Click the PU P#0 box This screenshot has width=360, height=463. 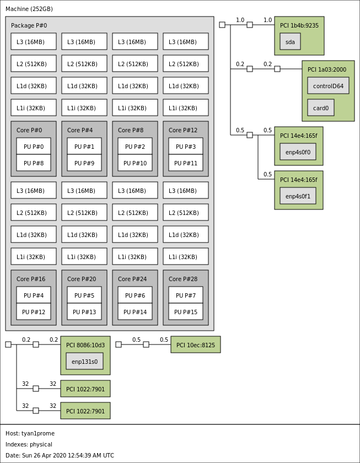(x=34, y=146)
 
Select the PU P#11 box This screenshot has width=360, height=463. (x=186, y=163)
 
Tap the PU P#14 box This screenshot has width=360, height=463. (x=135, y=312)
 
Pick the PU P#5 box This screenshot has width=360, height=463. (x=84, y=295)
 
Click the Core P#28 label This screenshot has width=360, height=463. (x=183, y=279)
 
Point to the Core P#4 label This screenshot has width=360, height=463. (x=80, y=130)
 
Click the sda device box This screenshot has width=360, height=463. (x=290, y=41)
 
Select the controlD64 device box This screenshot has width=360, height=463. (x=328, y=86)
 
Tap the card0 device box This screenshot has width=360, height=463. (x=321, y=108)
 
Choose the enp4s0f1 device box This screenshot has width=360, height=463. (x=298, y=196)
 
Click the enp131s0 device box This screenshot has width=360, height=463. (x=84, y=362)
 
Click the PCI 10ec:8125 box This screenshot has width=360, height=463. (x=196, y=344)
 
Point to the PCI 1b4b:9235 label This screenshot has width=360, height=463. (x=299, y=25)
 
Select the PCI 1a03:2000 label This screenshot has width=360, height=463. (x=327, y=69)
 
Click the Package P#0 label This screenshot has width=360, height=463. (x=29, y=25)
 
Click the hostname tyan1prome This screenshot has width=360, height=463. (x=38, y=433)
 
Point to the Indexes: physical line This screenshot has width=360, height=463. (x=29, y=444)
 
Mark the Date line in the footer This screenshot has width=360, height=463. (x=60, y=455)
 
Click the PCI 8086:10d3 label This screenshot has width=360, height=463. (x=85, y=345)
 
